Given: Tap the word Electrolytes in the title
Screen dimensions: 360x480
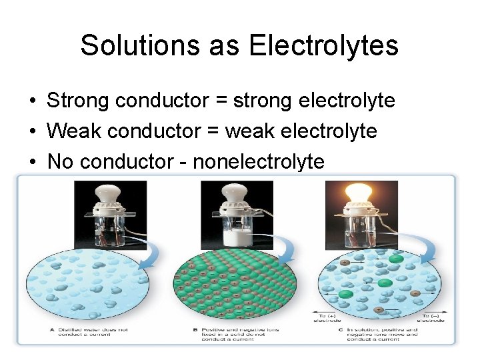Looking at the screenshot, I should click(x=323, y=45).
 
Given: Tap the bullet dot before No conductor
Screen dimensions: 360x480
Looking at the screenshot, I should click(x=32, y=161).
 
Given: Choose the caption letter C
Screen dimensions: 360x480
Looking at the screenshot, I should click(x=342, y=329).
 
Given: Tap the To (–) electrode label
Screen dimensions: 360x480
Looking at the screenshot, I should click(x=435, y=317).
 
